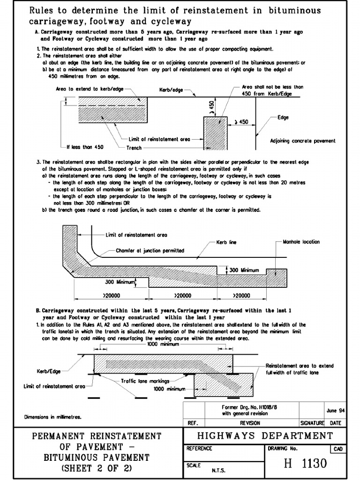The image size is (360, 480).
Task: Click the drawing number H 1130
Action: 304,463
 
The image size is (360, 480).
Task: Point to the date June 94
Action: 336,411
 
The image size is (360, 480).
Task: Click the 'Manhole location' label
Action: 301,242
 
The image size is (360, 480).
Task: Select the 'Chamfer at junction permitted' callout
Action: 150,251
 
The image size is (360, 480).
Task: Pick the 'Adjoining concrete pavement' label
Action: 302,141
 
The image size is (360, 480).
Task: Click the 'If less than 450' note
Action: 85,146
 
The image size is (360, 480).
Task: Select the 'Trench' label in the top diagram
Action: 134,148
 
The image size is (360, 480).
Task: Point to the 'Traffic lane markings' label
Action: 143,381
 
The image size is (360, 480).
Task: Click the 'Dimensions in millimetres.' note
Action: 52,416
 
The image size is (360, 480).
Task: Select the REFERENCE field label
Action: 200,449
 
